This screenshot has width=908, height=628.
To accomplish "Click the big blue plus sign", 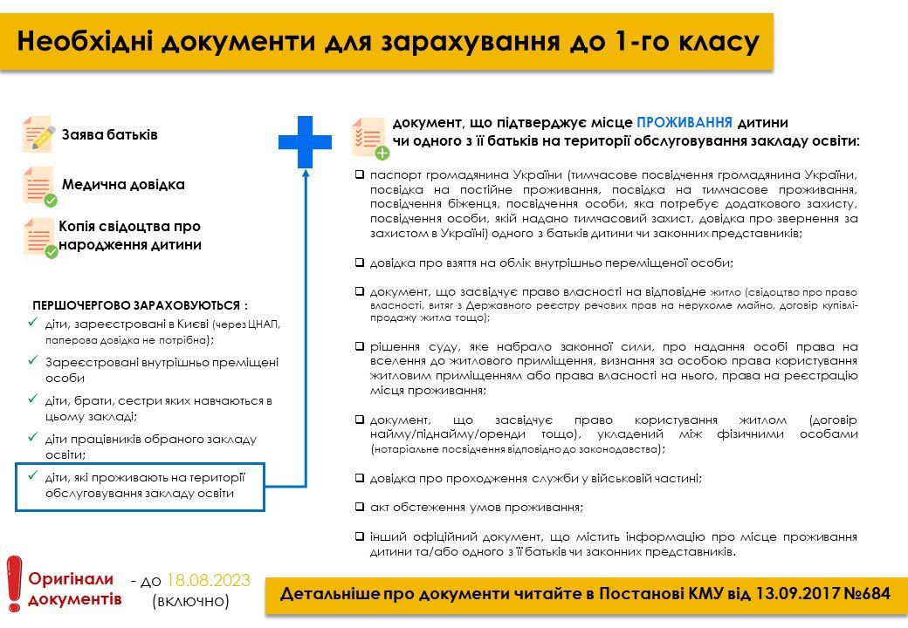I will click(x=305, y=141).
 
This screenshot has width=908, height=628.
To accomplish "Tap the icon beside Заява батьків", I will click(x=38, y=134).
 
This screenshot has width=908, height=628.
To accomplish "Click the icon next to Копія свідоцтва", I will click(x=40, y=237).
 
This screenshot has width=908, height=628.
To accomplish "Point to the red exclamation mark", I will click(x=13, y=582).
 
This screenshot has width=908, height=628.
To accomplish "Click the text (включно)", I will click(x=190, y=601).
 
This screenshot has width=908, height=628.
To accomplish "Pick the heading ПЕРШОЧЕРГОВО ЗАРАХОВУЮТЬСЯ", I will click(x=140, y=306).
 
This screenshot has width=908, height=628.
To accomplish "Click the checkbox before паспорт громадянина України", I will click(x=360, y=174).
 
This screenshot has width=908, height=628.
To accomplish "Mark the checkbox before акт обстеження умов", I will click(x=360, y=507).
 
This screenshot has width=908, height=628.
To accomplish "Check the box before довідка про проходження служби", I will click(x=360, y=478).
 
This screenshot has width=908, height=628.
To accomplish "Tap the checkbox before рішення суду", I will click(x=360, y=346).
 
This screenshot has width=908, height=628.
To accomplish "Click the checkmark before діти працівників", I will click(x=33, y=438).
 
